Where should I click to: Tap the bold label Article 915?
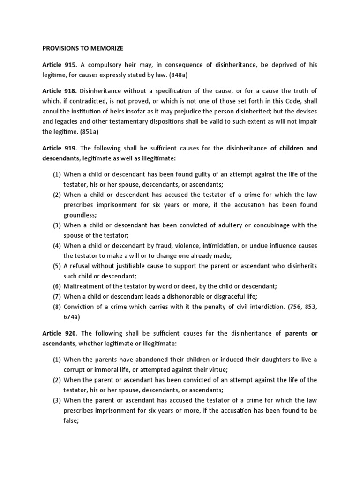click(59, 64)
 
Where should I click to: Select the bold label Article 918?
click(60, 90)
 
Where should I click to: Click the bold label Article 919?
click(59, 148)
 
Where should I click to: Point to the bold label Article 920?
click(60, 333)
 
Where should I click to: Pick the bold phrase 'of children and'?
click(293, 148)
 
